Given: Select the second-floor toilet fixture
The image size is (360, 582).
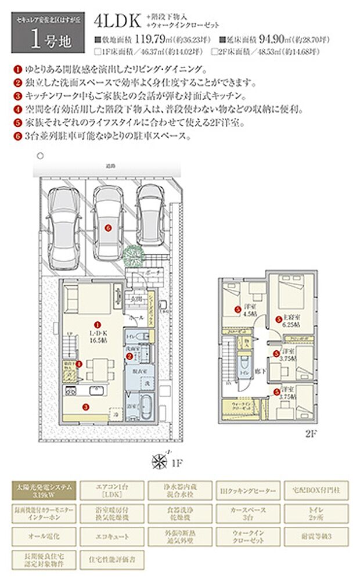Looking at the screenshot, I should click(x=242, y=365).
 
